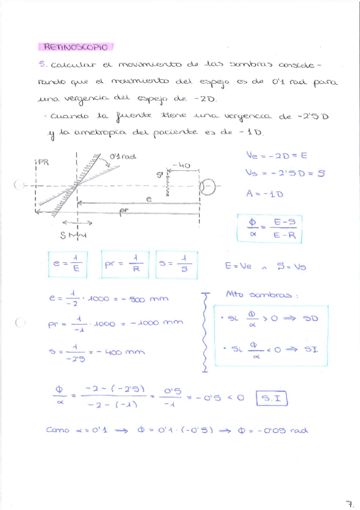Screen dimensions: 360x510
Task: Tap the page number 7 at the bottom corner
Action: tap(349, 502)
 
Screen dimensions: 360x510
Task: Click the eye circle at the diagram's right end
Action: tap(208, 188)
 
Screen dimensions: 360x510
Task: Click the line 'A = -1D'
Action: tap(265, 194)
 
